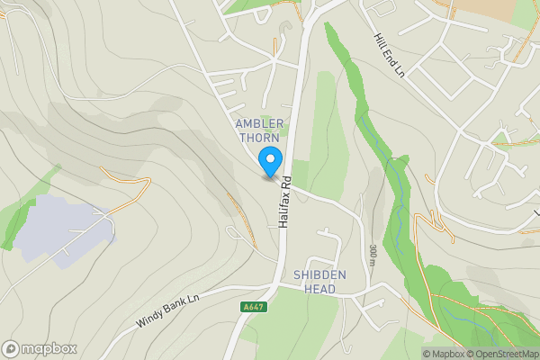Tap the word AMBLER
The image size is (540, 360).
coord(259,123)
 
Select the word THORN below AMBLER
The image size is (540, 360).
coord(259,137)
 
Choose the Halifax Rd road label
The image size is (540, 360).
coord(284,200)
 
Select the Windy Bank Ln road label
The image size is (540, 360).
coord(166,307)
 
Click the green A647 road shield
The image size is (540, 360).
coord(253,307)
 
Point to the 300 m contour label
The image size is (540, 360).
coord(373,255)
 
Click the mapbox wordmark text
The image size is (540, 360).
coord(49,348)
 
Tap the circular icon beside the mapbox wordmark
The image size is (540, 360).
coord(11,348)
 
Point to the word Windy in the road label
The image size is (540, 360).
coord(150,314)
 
